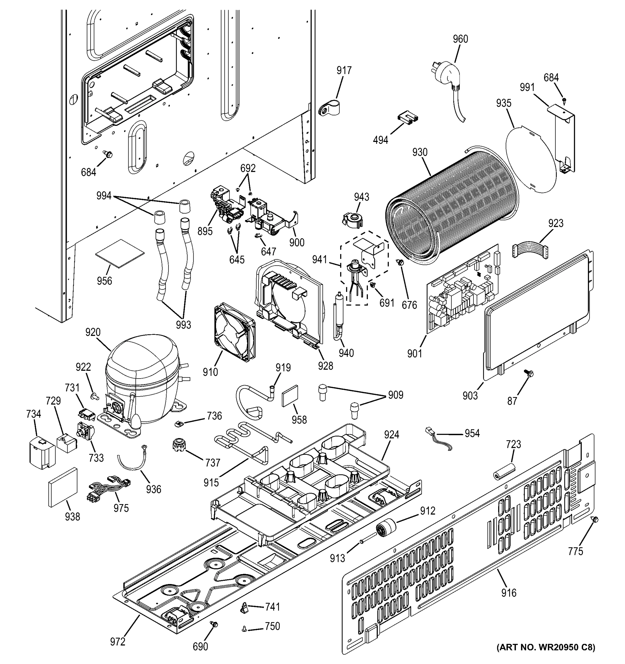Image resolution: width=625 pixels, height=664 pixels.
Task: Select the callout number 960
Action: tap(460, 39)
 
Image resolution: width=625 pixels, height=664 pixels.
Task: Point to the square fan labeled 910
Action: tap(234, 332)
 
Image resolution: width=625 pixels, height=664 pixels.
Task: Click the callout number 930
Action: tap(420, 152)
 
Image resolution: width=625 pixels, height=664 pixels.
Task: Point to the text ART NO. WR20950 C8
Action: tap(545, 656)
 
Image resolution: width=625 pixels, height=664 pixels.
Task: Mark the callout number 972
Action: tap(118, 642)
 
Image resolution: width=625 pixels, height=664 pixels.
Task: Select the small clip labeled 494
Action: tap(408, 119)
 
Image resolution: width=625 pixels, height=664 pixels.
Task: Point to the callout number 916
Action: tap(509, 593)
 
